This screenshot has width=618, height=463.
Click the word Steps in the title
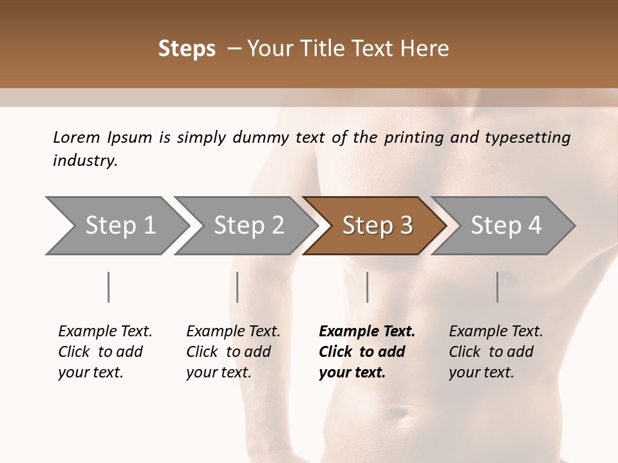[187, 49]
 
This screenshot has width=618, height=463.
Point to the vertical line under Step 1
[108, 287]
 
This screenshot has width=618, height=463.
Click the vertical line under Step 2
[238, 287]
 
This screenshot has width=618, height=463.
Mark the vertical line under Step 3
[367, 287]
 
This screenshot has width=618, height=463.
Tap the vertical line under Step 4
[497, 287]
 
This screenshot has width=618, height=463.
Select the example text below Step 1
[105, 352]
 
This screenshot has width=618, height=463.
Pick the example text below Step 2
[233, 352]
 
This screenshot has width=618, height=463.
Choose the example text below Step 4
[496, 352]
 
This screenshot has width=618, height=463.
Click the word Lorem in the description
[77, 137]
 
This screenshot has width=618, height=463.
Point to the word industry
[85, 161]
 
